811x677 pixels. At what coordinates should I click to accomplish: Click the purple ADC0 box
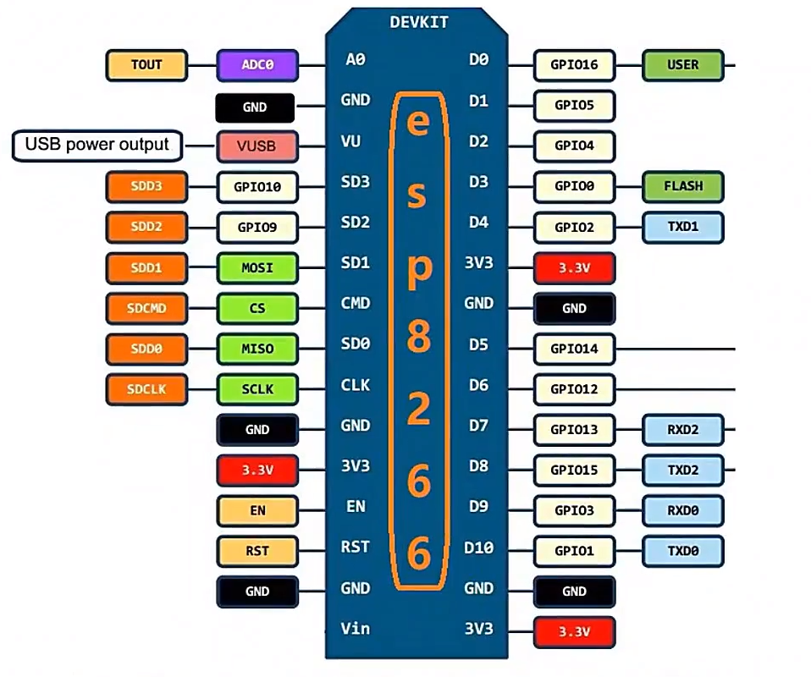tap(257, 64)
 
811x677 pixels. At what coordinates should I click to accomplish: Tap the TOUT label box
tap(146, 64)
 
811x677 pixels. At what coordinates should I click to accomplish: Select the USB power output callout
tap(97, 145)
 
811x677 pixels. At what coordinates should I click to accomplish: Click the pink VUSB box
tap(257, 146)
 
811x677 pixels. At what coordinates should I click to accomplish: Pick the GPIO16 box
tap(574, 64)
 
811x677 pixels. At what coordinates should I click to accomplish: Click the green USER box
tap(683, 64)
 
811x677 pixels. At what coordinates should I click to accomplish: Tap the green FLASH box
tap(683, 186)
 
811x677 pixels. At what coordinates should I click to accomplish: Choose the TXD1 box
tap(683, 227)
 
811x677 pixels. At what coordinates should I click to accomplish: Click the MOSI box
tap(257, 267)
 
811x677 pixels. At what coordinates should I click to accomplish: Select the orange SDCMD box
tap(146, 308)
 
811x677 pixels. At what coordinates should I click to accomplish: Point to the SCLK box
tap(257, 389)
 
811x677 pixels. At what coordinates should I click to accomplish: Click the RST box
tap(257, 551)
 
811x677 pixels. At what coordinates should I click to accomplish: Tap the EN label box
tap(257, 510)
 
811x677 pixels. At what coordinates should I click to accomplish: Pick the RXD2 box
tap(683, 429)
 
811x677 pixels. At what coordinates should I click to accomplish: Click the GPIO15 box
tap(574, 470)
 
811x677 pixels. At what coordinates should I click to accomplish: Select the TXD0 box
tap(683, 551)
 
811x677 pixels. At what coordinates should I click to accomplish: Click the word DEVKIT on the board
tap(419, 22)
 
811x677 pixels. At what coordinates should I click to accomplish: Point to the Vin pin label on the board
tap(356, 628)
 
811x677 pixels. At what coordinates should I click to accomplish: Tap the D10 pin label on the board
tap(479, 548)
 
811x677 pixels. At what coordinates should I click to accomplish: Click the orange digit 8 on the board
tap(418, 338)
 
